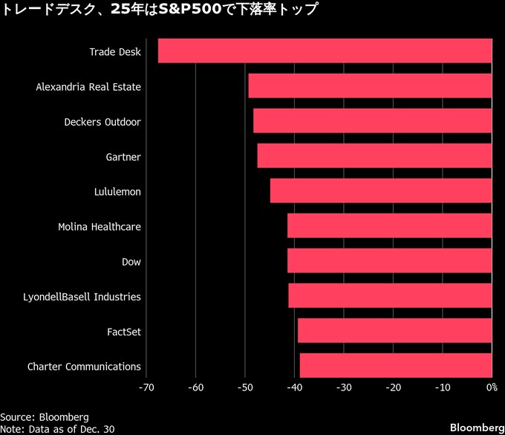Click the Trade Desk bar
[325, 51]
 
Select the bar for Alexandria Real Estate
[370, 86]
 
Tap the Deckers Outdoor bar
[372, 121]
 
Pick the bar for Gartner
[374, 156]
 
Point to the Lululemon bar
[381, 191]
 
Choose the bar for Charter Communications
[395, 366]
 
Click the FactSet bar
[394, 331]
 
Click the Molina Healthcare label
[100, 227]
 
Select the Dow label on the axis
[131, 262]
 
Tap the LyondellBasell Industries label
[82, 297]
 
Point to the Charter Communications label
[84, 367]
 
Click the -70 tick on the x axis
[146, 387]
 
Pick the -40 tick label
[294, 387]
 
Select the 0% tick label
[491, 387]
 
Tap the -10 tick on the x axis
[442, 387]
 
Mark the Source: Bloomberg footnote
[45, 417]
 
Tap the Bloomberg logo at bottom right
[475, 428]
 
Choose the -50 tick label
[245, 387]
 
